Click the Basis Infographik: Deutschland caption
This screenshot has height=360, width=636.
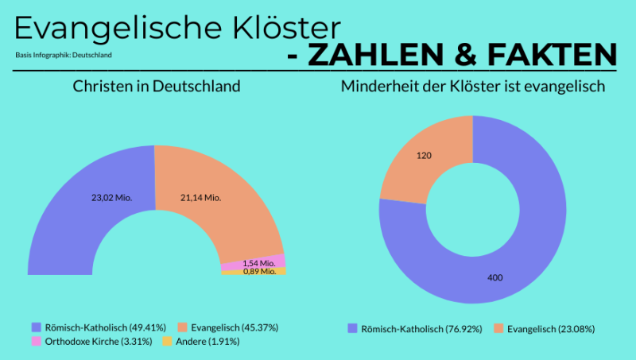tap(63, 55)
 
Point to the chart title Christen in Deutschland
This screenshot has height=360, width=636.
tap(157, 86)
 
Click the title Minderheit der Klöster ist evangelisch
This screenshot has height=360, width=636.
tap(474, 86)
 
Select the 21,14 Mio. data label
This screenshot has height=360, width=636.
tap(200, 197)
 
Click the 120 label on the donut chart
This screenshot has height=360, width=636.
tap(424, 156)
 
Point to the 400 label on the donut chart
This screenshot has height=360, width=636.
tap(494, 277)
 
